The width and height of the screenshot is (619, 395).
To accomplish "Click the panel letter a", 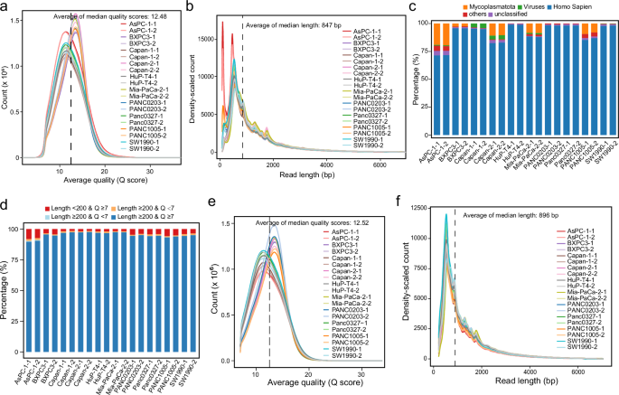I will click(5, 7).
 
